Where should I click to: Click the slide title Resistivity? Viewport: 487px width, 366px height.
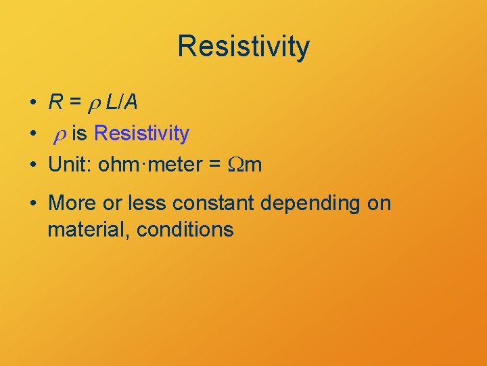click(x=243, y=47)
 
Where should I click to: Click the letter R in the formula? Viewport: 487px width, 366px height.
click(x=56, y=102)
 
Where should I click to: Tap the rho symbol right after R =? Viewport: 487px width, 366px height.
click(x=95, y=104)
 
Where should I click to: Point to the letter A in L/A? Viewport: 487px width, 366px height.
click(x=131, y=102)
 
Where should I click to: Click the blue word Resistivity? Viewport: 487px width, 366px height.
click(x=141, y=133)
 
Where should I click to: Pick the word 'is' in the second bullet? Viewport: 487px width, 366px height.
click(x=79, y=133)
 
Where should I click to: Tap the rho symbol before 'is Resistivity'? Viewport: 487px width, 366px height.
click(x=60, y=135)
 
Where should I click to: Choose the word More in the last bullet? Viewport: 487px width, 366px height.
click(x=72, y=203)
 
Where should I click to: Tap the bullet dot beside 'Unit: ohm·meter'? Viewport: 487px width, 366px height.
click(x=33, y=164)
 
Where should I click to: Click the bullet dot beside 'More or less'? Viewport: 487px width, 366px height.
click(x=33, y=203)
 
